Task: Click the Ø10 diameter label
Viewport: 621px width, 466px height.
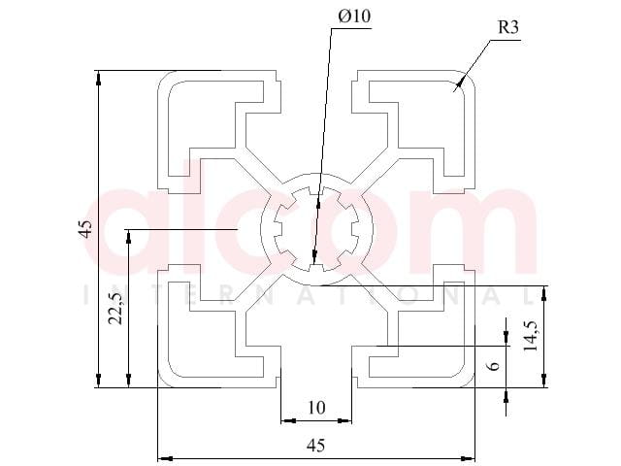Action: (354, 17)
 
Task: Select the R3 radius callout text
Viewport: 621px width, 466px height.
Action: (507, 27)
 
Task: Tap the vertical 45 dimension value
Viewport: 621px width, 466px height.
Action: (86, 229)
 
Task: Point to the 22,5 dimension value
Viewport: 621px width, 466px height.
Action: (116, 309)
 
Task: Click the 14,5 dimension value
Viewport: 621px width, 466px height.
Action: (531, 336)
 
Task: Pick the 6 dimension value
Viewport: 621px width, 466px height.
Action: (493, 365)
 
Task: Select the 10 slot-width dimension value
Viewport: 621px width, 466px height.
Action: (316, 408)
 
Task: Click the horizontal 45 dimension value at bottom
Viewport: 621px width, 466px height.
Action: (315, 446)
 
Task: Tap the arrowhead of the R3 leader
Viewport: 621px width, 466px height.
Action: (460, 83)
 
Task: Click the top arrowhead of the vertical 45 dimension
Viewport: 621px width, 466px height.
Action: (98, 78)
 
